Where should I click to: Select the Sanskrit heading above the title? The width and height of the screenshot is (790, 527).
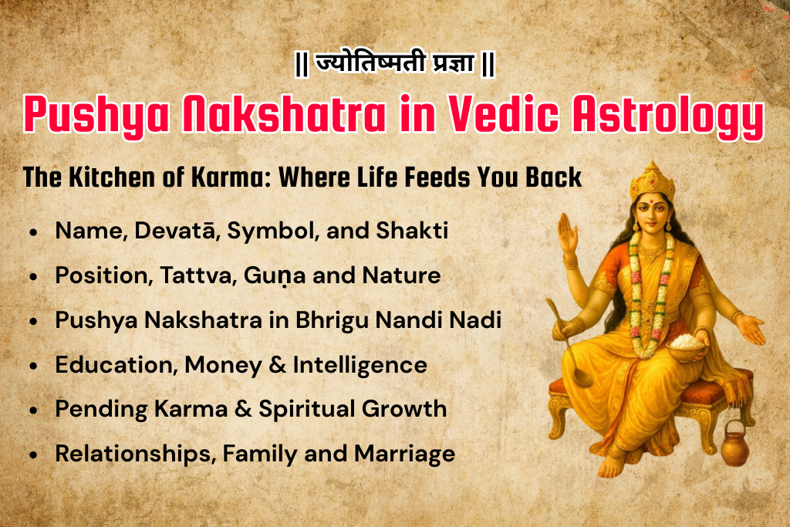tap(394, 64)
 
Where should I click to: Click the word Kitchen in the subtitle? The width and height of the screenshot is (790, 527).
tap(112, 177)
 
